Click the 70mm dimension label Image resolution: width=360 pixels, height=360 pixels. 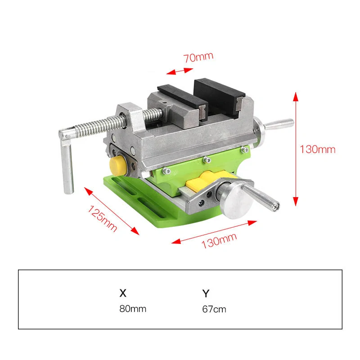tap(198, 58)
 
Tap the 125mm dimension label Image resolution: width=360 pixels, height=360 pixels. tap(102, 218)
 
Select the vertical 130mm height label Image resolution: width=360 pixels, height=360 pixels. tap(318, 149)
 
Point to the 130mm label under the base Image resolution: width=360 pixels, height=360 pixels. tap(219, 241)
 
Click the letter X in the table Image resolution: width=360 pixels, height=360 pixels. tap(123, 293)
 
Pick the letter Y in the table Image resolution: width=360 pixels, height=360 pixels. tap(206, 293)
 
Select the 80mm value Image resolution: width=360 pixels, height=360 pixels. tap(133, 309)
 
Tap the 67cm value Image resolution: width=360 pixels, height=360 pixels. tap(214, 309)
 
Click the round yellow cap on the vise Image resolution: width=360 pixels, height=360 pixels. tap(118, 165)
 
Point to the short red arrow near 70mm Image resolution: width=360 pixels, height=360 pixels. tap(180, 71)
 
